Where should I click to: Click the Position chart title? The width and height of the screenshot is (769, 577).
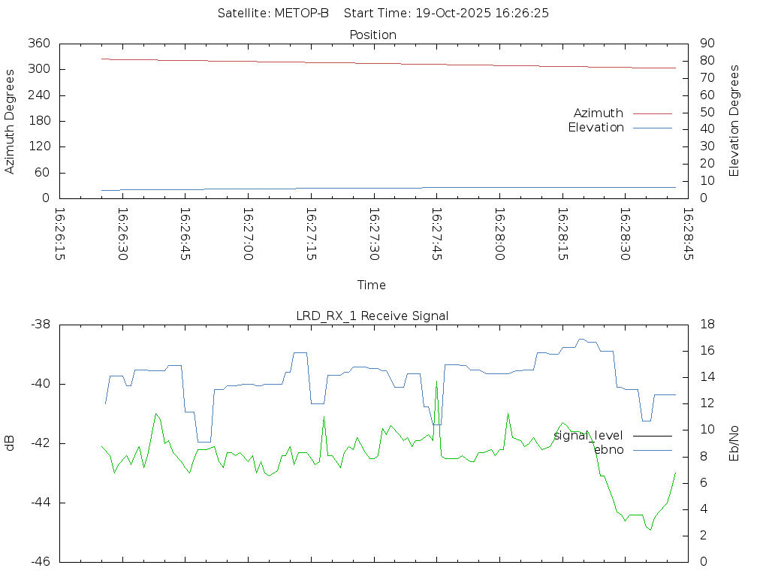[x=373, y=35]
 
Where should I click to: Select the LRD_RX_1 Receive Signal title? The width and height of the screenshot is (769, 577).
[x=372, y=316]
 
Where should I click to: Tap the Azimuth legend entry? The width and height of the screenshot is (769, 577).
[x=599, y=113]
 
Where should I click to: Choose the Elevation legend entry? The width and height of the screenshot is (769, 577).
[x=596, y=128]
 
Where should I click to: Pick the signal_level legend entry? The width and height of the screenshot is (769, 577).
[x=588, y=436]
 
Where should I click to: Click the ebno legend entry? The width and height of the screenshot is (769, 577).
[x=608, y=450]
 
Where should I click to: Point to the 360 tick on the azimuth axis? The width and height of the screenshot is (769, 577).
[x=39, y=44]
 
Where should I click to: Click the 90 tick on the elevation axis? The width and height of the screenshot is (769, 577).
[x=706, y=44]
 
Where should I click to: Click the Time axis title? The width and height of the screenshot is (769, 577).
[x=372, y=285]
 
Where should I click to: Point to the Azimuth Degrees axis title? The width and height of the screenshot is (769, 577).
[x=11, y=121]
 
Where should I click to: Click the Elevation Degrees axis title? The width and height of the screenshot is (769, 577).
[x=734, y=121]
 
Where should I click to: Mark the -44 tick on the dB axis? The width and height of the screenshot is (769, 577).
[x=39, y=503]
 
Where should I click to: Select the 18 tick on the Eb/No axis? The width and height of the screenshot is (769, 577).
[x=706, y=325]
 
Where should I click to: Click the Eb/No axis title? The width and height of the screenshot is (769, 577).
[x=734, y=443]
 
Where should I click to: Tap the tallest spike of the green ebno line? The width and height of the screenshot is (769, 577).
[x=436, y=382]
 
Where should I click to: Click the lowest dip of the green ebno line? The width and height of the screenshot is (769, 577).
[x=650, y=530]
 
